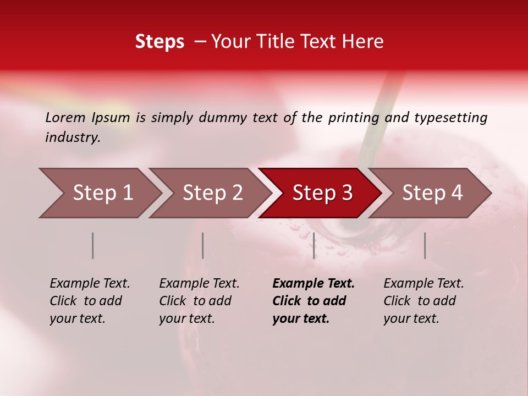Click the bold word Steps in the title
click(x=159, y=42)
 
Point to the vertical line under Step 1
click(x=93, y=245)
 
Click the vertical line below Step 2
click(x=203, y=245)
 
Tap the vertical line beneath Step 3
click(x=313, y=245)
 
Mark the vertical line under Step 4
click(x=425, y=245)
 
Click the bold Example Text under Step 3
click(x=313, y=284)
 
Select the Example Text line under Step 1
click(x=90, y=284)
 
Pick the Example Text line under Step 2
click(x=199, y=284)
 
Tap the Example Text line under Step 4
click(x=424, y=284)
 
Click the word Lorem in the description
click(x=65, y=118)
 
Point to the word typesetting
click(x=450, y=118)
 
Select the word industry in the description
click(x=72, y=137)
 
